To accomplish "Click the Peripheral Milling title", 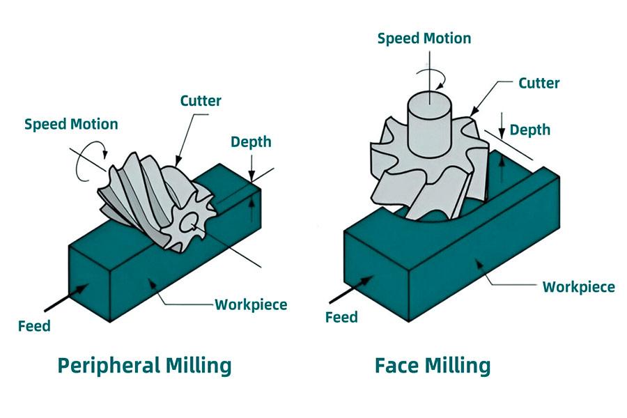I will click(144, 364).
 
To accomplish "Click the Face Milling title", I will click(432, 364).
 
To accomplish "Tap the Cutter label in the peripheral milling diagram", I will click(201, 100).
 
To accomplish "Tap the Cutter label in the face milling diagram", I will click(539, 83).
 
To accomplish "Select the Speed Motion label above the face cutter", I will click(424, 37).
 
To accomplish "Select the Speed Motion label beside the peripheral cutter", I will click(71, 124).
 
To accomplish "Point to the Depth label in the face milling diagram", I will click(530, 130).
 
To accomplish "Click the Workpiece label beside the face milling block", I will click(578, 286).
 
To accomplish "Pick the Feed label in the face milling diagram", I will click(341, 318).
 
